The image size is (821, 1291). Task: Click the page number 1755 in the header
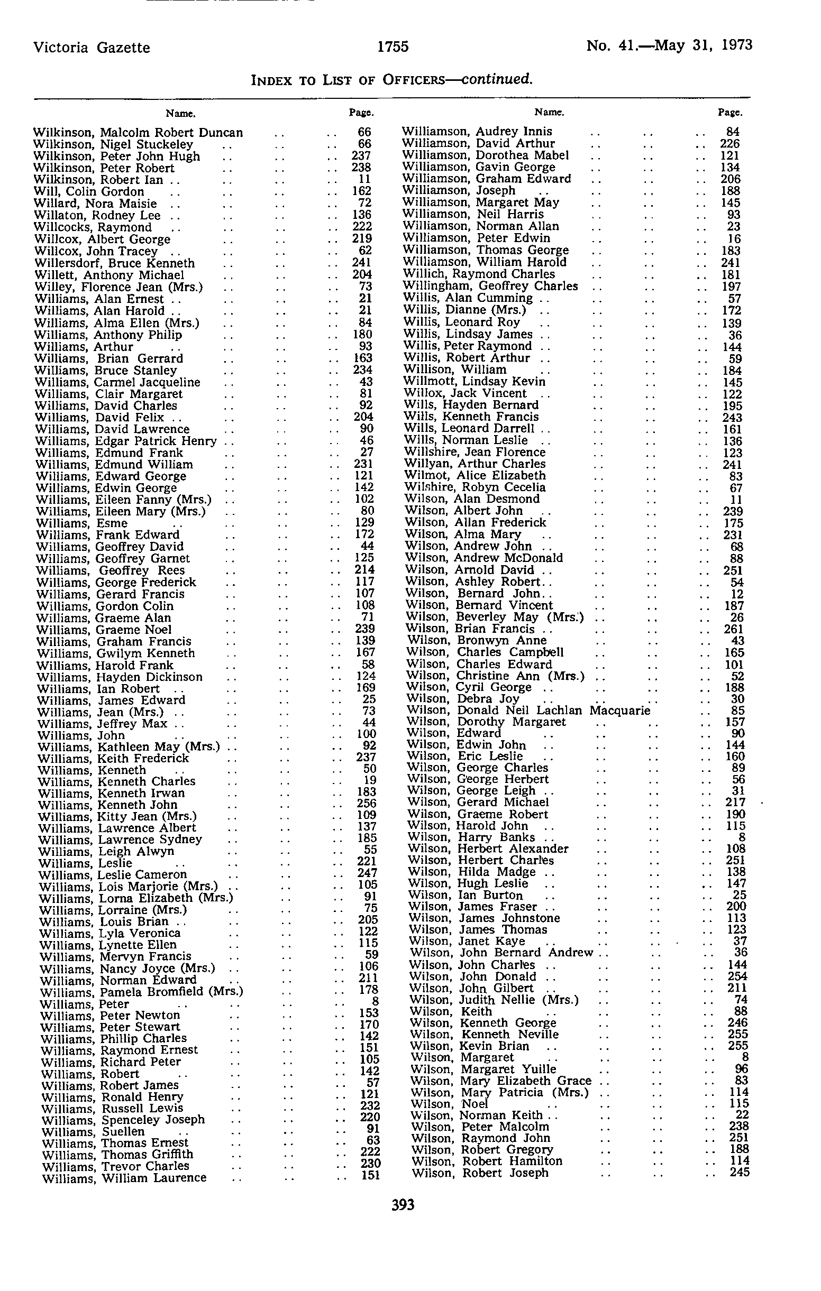pyautogui.click(x=393, y=47)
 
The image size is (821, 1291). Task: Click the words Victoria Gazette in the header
pyautogui.click(x=92, y=48)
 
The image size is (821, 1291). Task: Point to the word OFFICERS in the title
pyautogui.click(x=413, y=80)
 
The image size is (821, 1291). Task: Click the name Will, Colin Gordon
pyautogui.click(x=89, y=191)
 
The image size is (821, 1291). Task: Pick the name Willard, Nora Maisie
pyautogui.click(x=96, y=203)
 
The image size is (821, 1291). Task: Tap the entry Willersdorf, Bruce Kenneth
pyautogui.click(x=115, y=263)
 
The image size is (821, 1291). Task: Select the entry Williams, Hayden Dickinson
pyautogui.click(x=120, y=677)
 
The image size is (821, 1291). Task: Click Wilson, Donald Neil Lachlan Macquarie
pyautogui.click(x=528, y=711)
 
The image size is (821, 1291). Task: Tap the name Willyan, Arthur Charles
pyautogui.click(x=475, y=464)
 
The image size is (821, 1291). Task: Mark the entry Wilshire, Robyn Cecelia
pyautogui.click(x=475, y=487)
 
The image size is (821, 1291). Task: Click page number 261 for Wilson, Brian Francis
pyautogui.click(x=734, y=629)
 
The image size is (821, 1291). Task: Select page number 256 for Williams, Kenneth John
pyautogui.click(x=367, y=803)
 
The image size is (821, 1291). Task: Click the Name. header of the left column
pyautogui.click(x=180, y=114)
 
